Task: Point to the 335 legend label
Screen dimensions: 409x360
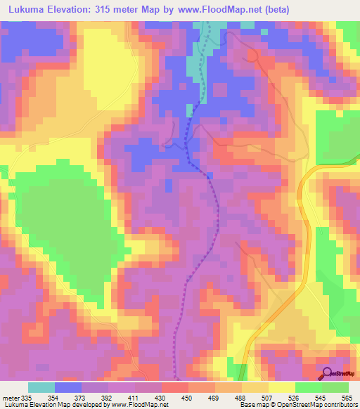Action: (27, 398)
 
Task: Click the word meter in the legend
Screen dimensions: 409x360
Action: (10, 398)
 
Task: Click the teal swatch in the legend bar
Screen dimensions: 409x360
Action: (41, 388)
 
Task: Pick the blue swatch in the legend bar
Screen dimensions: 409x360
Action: (68, 388)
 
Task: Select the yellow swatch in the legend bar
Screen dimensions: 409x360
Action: (282, 388)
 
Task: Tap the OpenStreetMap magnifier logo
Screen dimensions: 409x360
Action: (328, 373)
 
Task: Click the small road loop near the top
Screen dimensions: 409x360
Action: (252, 55)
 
